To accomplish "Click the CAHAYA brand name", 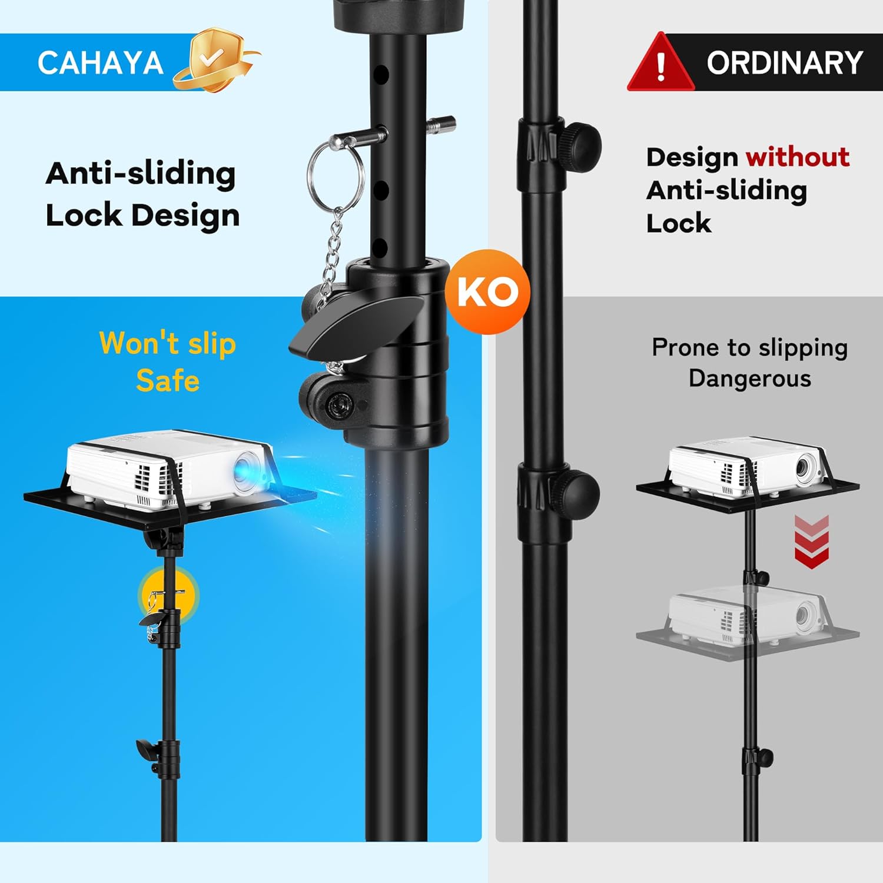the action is pyautogui.click(x=100, y=63).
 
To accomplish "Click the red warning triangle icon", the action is pyautogui.click(x=660, y=63).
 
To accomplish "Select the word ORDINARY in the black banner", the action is pyautogui.click(x=785, y=62).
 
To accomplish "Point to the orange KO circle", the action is pyautogui.click(x=487, y=291).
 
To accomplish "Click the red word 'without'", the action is pyautogui.click(x=798, y=157).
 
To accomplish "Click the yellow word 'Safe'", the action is pyautogui.click(x=168, y=380).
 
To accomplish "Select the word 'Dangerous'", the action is pyautogui.click(x=750, y=379).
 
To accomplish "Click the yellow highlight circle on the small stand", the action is pyautogui.click(x=169, y=596).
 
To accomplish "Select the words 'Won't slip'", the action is pyautogui.click(x=168, y=343).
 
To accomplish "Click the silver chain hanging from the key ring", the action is pyautogui.click(x=331, y=253).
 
